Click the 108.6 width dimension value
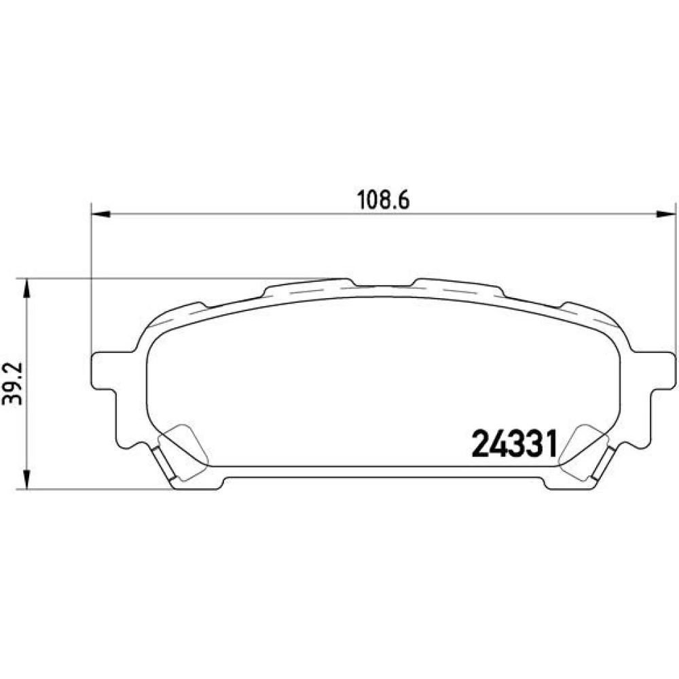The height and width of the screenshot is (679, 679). pos(383,200)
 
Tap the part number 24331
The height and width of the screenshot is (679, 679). pos(514,444)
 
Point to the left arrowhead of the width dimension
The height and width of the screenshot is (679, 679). pos(102,213)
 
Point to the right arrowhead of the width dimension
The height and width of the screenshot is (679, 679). pos(666,213)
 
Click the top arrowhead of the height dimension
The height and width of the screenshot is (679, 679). pos(27,289)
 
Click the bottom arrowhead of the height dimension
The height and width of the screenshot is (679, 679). pos(27,479)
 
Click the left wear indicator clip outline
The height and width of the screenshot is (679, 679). pos(183,452)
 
